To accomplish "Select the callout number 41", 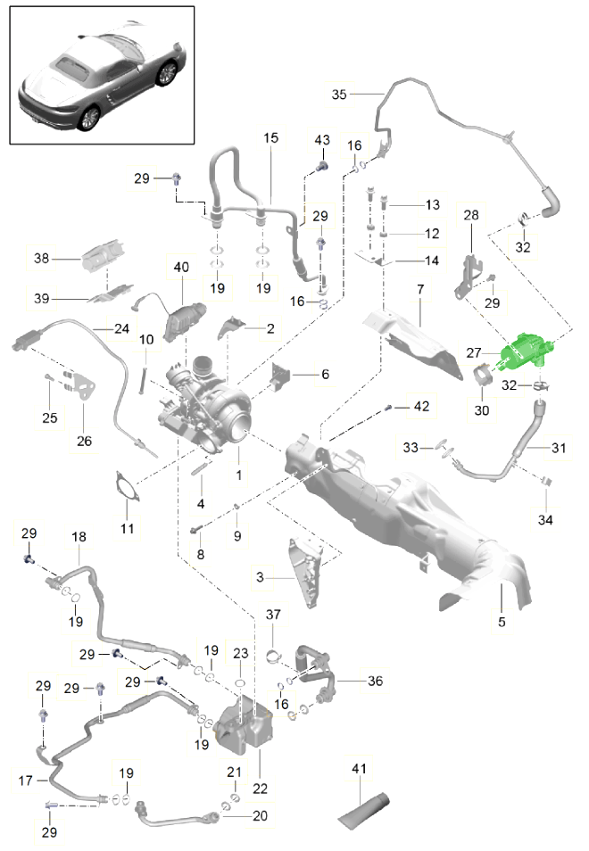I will tap(359, 768).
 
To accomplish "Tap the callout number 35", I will tap(339, 95).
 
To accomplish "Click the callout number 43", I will tap(322, 140).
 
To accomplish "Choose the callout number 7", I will tap(419, 291).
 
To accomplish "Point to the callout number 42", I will tap(421, 407).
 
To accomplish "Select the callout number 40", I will tap(182, 267).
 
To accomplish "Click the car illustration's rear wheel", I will tap(87, 118).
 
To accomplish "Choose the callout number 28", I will tap(472, 215).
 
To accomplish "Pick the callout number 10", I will tap(145, 339).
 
